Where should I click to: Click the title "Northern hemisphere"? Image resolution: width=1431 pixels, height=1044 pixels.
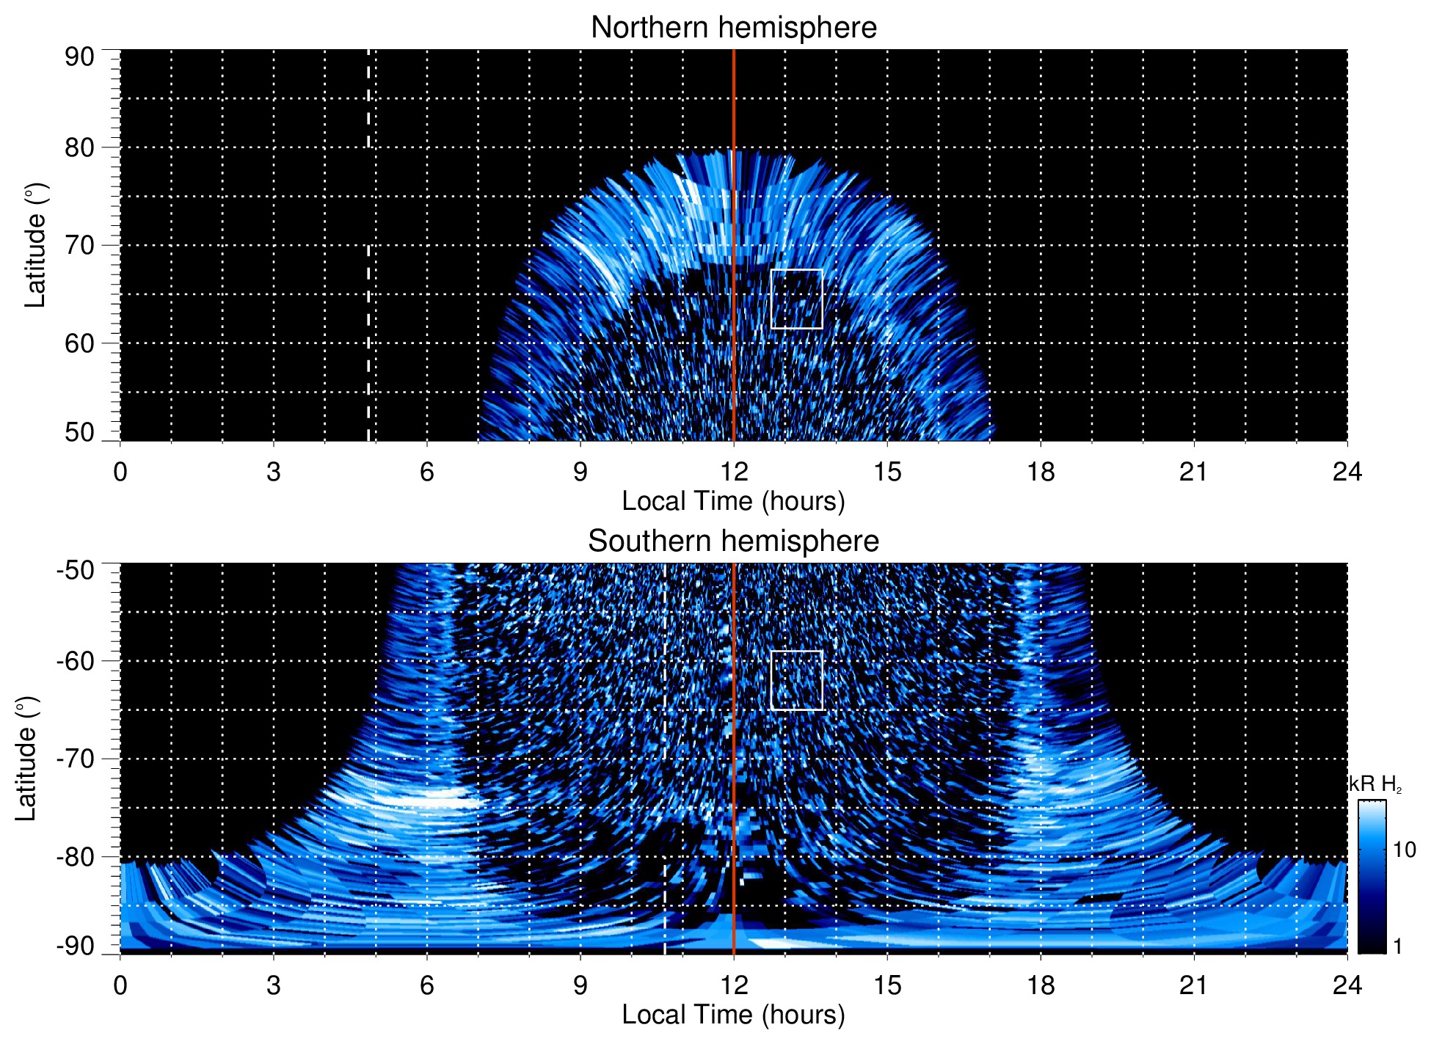coord(733,28)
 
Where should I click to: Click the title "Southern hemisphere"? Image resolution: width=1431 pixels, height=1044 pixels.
coord(733,541)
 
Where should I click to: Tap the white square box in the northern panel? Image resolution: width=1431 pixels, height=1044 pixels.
coord(797,299)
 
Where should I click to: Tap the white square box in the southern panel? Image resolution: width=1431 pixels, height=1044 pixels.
coord(797,680)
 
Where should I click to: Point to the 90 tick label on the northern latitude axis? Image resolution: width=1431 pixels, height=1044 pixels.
coord(79,57)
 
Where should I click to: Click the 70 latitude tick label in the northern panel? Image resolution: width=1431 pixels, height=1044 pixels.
coord(79,245)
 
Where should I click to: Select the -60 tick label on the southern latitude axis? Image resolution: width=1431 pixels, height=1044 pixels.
coord(76,660)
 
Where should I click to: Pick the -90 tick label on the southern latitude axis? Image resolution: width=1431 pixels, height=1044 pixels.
coord(76,946)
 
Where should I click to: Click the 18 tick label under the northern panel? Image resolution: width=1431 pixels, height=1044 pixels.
coord(1040,472)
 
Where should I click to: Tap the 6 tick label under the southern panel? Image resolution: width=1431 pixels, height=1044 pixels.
coord(426,985)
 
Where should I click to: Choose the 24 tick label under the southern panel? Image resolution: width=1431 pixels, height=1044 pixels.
coord(1347,985)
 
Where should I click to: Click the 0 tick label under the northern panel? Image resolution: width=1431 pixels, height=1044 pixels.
coord(120,472)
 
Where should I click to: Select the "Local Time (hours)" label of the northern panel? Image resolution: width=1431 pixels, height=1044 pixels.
coord(733,502)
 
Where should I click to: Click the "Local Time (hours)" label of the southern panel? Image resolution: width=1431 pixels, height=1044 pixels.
coord(733,1015)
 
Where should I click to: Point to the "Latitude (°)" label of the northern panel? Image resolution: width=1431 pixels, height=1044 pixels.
coord(35,245)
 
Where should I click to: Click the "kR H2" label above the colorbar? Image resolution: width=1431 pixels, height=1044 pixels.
coord(1375,784)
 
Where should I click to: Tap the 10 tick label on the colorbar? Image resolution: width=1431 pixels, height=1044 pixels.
coord(1404,850)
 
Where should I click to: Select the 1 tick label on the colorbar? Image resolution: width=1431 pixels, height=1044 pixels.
coord(1397,946)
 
